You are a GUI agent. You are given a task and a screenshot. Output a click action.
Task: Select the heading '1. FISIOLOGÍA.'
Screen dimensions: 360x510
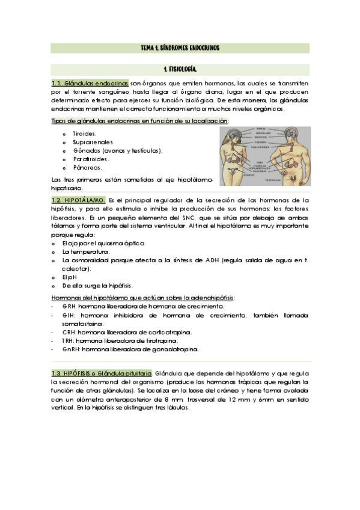pos(180,70)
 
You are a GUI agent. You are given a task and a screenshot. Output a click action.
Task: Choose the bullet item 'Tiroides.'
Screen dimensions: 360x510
pos(85,134)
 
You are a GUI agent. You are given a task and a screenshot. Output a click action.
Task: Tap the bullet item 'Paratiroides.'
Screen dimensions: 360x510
pos(91,159)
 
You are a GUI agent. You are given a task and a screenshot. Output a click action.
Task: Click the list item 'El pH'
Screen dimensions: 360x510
pos(71,277)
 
